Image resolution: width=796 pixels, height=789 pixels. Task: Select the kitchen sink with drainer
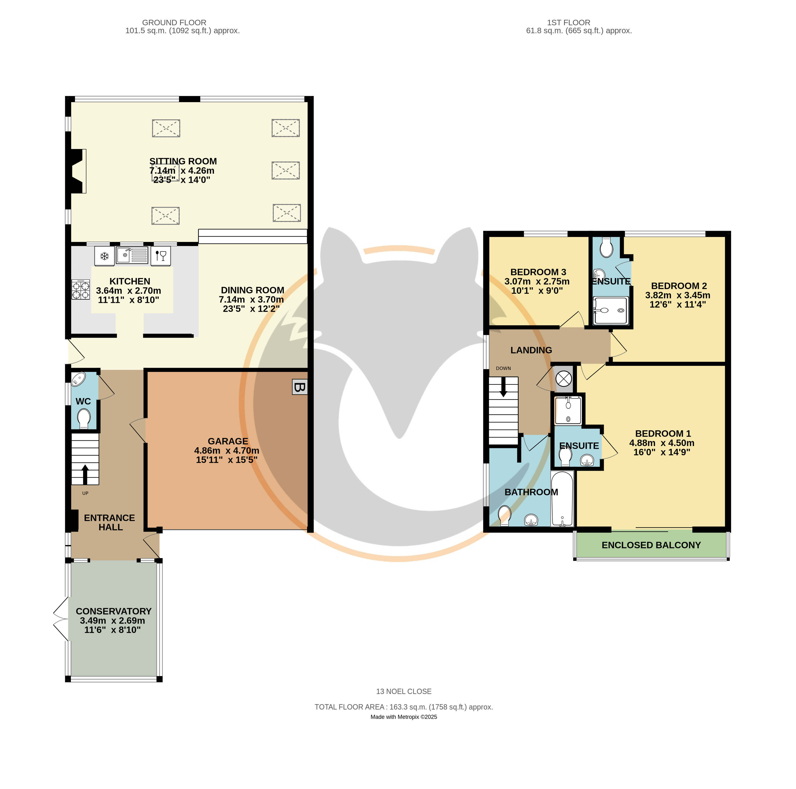tap(132, 255)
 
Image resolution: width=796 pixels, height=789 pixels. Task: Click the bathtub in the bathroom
tap(562, 499)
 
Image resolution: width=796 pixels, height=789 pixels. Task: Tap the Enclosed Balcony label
tap(651, 545)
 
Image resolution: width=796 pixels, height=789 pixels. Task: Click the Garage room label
tap(228, 441)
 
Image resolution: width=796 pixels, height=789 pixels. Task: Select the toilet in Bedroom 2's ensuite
tap(606, 247)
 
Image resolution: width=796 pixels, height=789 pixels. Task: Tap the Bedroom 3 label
tap(538, 272)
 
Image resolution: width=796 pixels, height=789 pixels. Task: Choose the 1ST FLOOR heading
tap(569, 23)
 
